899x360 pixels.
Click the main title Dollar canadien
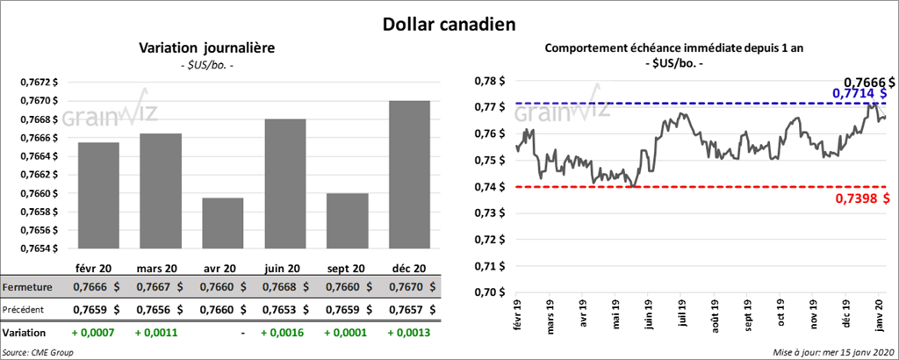[448, 24]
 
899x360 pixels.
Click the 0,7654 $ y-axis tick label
[40, 248]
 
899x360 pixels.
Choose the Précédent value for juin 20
[286, 309]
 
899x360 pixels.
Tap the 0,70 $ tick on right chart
[489, 292]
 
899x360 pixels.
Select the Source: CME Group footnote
[39, 351]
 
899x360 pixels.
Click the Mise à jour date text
[833, 351]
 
